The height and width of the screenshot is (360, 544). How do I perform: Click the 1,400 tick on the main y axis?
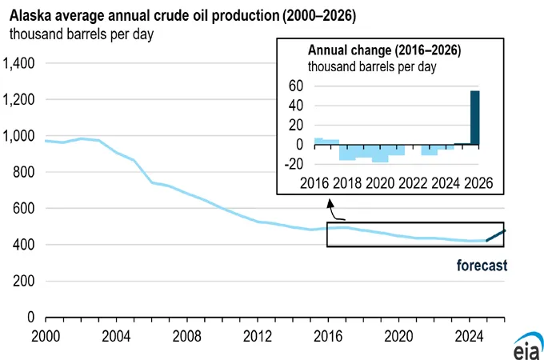[18, 63]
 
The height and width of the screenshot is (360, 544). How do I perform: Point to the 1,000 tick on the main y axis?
[18, 136]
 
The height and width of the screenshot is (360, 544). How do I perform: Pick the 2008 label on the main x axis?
[185, 334]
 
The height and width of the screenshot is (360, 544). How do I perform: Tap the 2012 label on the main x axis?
[257, 334]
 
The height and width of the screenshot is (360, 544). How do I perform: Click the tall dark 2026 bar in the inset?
[474, 118]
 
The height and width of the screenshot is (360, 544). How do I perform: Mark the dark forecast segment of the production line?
[495, 235]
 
